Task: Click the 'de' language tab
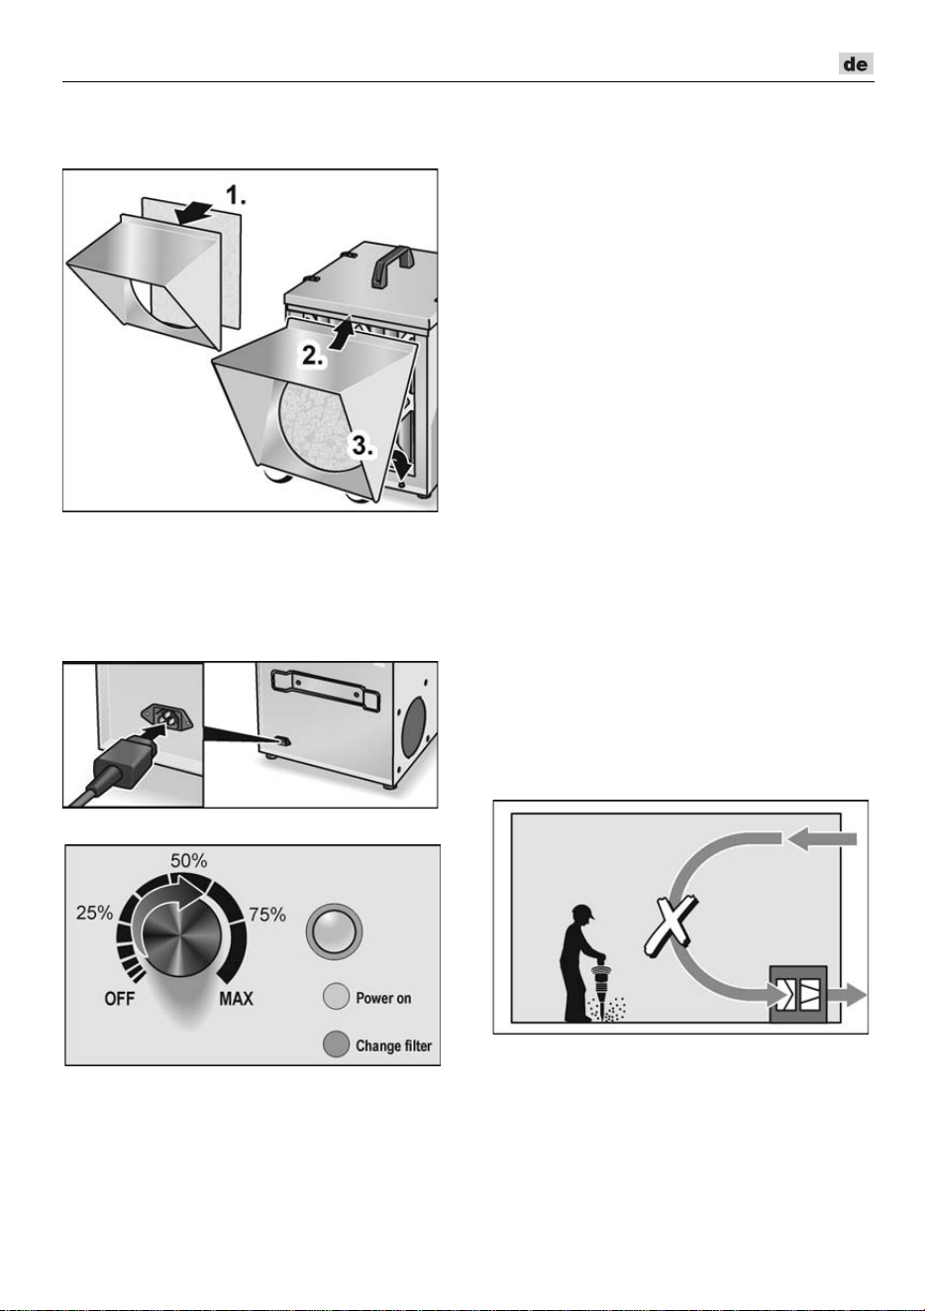click(856, 63)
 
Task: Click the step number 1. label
click(236, 195)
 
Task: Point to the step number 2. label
click(312, 356)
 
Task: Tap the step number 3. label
click(362, 446)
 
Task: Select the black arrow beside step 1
click(194, 212)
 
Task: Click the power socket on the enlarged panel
click(167, 718)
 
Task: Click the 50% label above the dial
click(188, 860)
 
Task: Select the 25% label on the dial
click(94, 912)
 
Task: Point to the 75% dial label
click(267, 914)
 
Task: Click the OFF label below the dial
click(120, 998)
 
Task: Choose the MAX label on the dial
click(237, 998)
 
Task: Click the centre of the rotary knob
click(181, 934)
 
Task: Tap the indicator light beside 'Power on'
click(336, 997)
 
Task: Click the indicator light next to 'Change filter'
click(336, 1044)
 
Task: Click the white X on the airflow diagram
click(670, 928)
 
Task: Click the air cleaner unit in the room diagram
click(798, 994)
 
